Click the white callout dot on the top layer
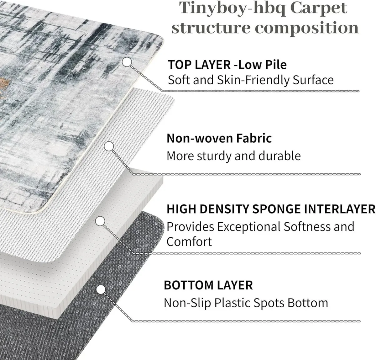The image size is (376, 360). click(x=127, y=62)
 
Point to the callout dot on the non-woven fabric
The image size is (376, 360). click(x=109, y=146)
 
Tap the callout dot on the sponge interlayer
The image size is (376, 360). click(x=100, y=221)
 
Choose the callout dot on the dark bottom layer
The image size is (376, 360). click(x=101, y=290)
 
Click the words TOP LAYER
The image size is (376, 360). click(x=199, y=65)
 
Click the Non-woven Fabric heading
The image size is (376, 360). click(x=219, y=138)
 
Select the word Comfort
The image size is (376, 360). click(x=189, y=242)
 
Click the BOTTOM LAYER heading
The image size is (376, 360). click(x=208, y=285)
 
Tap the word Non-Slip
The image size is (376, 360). click(x=187, y=303)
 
